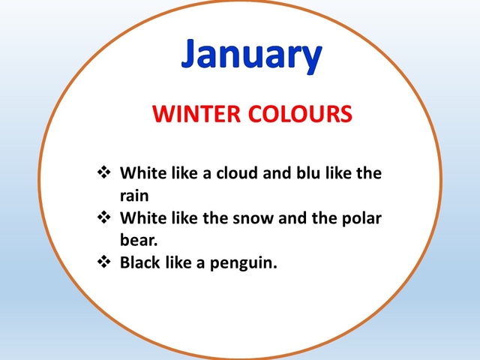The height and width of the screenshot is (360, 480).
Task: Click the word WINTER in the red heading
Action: point(196,114)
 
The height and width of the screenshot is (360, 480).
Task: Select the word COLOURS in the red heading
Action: point(302,114)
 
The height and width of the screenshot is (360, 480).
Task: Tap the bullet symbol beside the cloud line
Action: point(104,172)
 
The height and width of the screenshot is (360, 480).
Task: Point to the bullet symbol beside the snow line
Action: point(104,217)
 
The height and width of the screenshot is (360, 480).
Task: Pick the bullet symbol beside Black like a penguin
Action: point(104,262)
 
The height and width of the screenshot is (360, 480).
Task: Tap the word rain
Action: point(134,196)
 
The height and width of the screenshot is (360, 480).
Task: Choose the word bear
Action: point(139,240)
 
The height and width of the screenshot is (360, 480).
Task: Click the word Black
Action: point(140,262)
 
